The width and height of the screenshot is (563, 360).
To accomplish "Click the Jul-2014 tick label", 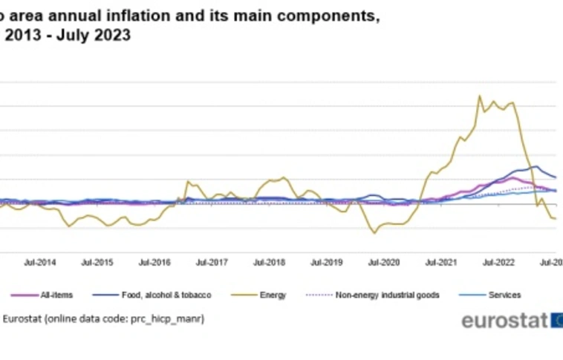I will pyautogui.click(x=40, y=262).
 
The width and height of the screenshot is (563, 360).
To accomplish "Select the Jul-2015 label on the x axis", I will pyautogui.click(x=97, y=262).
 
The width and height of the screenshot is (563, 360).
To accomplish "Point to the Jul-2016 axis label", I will pyautogui.click(x=154, y=262).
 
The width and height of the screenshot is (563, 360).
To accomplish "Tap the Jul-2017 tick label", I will pyautogui.click(x=212, y=262).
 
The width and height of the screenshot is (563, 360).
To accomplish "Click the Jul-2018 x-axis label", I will pyautogui.click(x=269, y=262).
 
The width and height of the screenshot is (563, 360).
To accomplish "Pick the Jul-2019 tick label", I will pyautogui.click(x=326, y=262).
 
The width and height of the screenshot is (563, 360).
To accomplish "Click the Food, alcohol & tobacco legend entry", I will pyautogui.click(x=166, y=295).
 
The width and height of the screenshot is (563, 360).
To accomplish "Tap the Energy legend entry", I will pyautogui.click(x=273, y=295).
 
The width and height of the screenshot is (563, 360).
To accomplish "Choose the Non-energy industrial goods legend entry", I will pyautogui.click(x=383, y=295).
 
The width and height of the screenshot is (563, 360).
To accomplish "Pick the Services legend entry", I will pyautogui.click(x=504, y=295).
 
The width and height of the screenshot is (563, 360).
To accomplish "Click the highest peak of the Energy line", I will pyautogui.click(x=479, y=96).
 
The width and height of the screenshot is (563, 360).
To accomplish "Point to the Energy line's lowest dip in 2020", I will pyautogui.click(x=374, y=233).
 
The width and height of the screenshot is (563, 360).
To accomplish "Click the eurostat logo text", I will pyautogui.click(x=504, y=321).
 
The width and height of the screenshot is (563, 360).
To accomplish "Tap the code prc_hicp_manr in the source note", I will pyautogui.click(x=167, y=318).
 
